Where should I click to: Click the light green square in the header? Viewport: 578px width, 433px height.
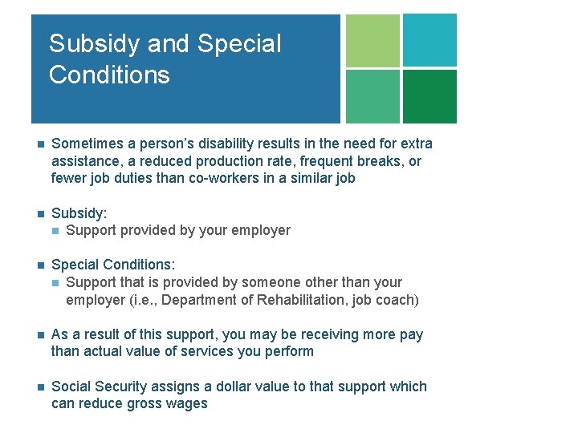pos(372,40)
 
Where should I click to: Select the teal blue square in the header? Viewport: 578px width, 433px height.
pos(429,40)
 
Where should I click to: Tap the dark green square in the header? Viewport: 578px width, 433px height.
pos(429,96)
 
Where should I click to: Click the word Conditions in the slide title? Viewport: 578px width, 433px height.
pos(109,75)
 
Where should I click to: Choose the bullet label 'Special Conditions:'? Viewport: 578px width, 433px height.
pos(113,265)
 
